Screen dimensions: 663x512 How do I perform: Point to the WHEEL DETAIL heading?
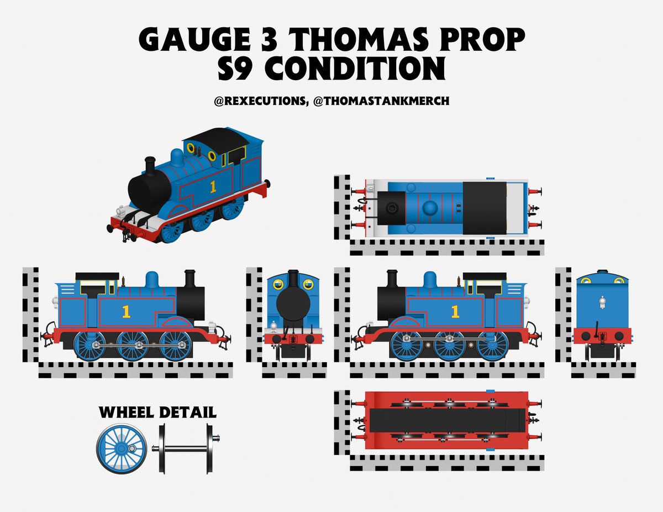coord(157,412)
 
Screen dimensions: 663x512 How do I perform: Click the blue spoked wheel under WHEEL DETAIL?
coord(122,449)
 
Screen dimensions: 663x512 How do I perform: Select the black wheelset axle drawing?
coord(186,448)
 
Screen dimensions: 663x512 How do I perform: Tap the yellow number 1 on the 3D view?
coord(212,186)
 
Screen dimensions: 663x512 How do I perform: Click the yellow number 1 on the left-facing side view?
coord(126,312)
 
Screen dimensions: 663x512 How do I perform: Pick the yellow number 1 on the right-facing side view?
coord(455,311)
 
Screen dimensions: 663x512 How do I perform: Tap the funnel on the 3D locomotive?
coord(149,166)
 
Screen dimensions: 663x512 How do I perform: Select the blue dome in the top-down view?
coord(430,208)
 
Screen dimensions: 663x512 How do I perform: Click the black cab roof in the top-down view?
coord(484,207)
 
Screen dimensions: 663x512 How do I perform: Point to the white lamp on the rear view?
coord(602,302)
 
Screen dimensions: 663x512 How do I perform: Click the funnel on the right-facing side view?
coord(393,279)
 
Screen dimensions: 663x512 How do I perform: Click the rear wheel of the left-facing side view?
coord(89,345)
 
